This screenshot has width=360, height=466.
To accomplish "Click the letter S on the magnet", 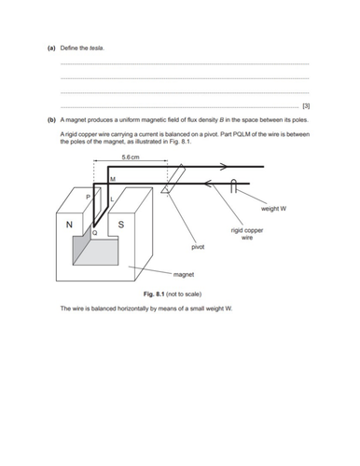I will (x=123, y=225).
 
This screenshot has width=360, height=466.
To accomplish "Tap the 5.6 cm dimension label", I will (x=132, y=157).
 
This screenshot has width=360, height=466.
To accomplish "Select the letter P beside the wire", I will (x=89, y=198).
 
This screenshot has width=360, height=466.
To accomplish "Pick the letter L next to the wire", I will (x=112, y=199).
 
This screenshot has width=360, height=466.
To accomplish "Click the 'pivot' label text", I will (x=198, y=248).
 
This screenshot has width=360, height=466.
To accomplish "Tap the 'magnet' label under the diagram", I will (x=183, y=274).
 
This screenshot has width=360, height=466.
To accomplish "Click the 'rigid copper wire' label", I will (x=247, y=233).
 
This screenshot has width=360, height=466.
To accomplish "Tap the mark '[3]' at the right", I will (x=304, y=107).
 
